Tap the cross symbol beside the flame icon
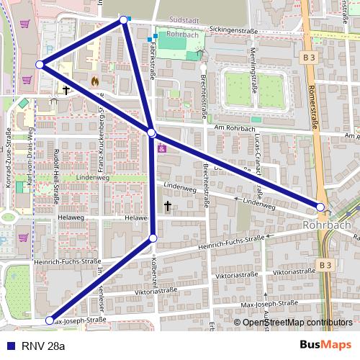click(x=66, y=91)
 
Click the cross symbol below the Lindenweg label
click(x=168, y=207)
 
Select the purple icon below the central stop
click(x=161, y=149)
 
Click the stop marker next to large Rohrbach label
click(x=320, y=207)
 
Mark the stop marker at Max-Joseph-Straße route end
click(x=50, y=320)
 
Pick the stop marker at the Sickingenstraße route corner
click(x=124, y=19)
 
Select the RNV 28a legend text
click(x=42, y=346)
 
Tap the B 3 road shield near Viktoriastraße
click(x=326, y=265)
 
